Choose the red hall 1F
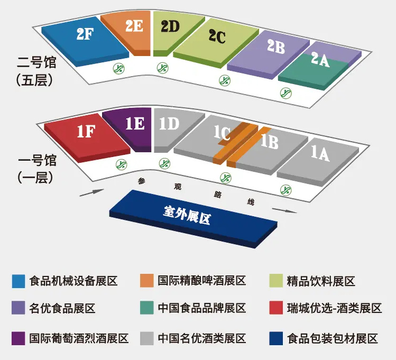86,135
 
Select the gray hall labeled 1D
168,127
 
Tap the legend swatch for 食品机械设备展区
19,281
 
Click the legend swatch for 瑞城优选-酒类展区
276,308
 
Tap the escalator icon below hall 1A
286,189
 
